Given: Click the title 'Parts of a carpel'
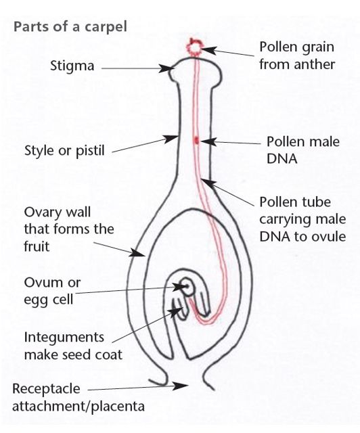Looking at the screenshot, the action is click(70, 27).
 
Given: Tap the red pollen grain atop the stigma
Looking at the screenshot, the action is click(194, 47).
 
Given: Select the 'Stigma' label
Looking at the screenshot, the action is click(72, 66).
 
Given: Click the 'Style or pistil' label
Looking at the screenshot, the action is click(64, 151).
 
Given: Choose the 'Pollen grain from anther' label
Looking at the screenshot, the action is click(297, 55).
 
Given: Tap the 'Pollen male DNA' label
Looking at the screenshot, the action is click(302, 150).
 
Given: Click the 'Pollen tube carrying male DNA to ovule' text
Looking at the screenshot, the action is click(302, 219).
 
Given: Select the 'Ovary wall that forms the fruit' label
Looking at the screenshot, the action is click(69, 229).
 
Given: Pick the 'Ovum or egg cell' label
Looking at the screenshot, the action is click(52, 291).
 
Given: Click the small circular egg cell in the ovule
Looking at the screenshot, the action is click(188, 288).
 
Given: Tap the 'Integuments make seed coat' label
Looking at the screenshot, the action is click(73, 346).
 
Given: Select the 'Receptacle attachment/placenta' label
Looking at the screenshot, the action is click(78, 398).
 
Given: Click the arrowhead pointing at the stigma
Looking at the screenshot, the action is click(166, 68).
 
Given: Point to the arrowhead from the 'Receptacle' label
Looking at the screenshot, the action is click(181, 386).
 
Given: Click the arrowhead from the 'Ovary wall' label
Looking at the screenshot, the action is click(137, 252).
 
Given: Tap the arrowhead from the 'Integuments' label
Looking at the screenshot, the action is click(176, 312).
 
